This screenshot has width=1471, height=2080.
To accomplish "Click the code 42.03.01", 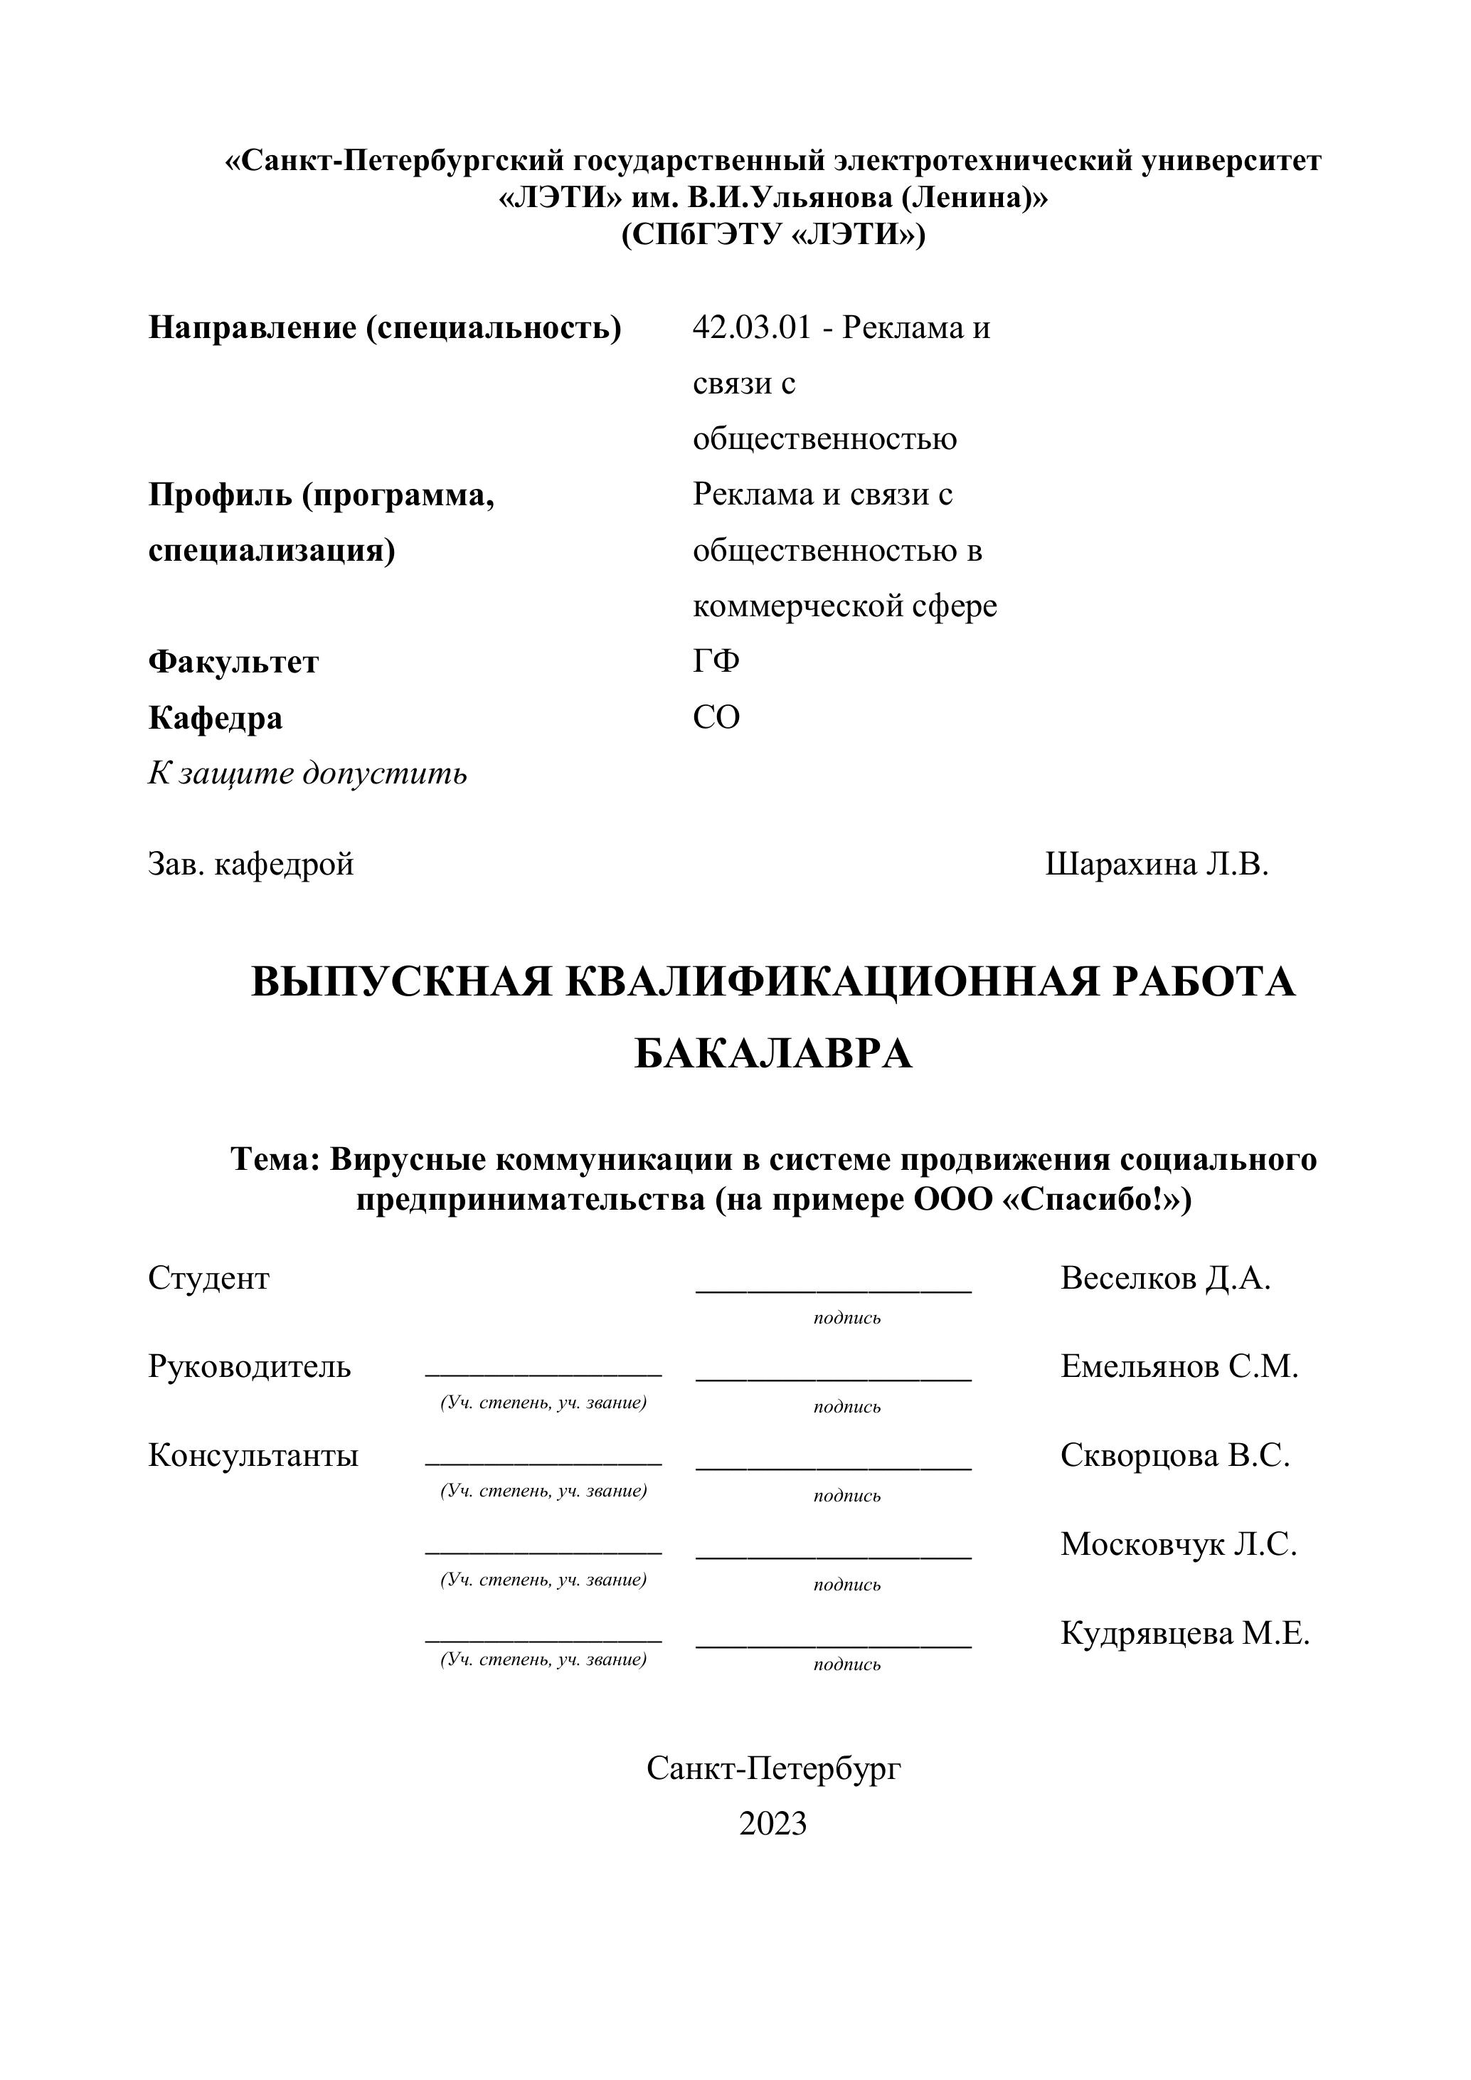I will click(751, 328).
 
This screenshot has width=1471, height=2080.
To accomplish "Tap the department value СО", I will click(716, 717).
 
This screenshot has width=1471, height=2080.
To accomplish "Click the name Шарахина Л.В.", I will click(1157, 865).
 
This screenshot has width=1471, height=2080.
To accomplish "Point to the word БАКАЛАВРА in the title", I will click(772, 1054).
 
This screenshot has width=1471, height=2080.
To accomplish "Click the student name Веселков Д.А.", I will click(1166, 1278).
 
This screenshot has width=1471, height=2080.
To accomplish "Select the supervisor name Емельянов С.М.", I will click(1179, 1366).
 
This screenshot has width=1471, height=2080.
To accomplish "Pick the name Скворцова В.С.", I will click(1175, 1455).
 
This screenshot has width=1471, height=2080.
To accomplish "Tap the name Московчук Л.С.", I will click(1179, 1543).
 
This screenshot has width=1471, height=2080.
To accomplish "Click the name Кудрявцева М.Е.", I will click(1185, 1632).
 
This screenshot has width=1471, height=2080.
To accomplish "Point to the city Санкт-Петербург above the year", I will click(773, 1768).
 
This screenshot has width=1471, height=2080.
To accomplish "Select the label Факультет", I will click(234, 662).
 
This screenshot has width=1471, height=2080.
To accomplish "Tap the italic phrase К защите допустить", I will click(308, 774).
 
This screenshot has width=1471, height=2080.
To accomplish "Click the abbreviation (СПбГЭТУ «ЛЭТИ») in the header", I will click(772, 235).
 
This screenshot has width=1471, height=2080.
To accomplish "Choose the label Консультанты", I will click(254, 1455).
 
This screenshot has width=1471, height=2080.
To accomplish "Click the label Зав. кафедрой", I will click(251, 865).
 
